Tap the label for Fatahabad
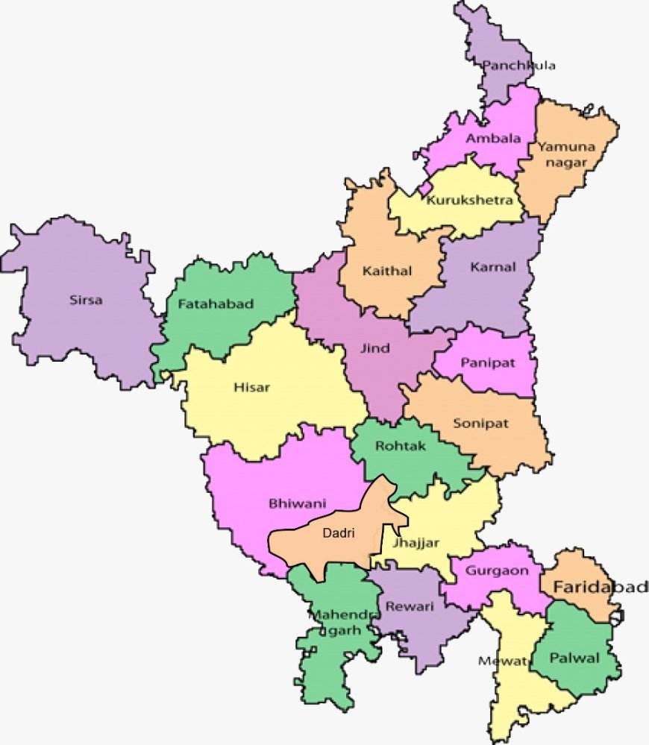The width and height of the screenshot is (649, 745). point(216,304)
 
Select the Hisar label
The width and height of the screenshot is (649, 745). point(251,387)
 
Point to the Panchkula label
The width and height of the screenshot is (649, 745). point(518,66)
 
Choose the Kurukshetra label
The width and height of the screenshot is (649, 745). point(470,200)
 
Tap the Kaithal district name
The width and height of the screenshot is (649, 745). point(386,271)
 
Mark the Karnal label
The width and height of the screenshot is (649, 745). point(492,267)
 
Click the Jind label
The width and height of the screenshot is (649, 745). point(374,348)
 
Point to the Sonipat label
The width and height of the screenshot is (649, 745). point(480,424)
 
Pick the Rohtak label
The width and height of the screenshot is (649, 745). point(401,445)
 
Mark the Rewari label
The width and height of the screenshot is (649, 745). point(409,606)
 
